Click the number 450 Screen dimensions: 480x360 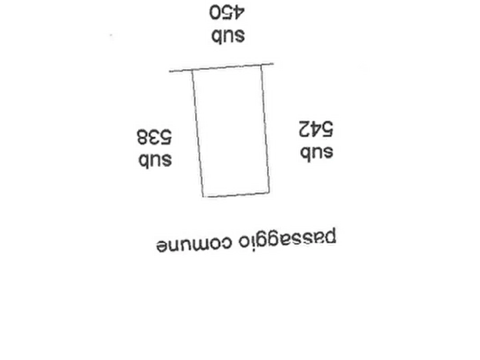point(227,13)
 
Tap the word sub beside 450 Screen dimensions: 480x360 point(228,36)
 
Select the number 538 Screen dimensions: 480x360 point(154,137)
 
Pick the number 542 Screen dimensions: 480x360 point(316,129)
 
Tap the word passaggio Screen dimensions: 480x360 point(288,239)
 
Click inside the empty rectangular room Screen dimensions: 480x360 point(231,132)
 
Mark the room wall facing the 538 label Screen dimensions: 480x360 point(198,133)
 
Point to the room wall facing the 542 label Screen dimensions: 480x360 point(266,128)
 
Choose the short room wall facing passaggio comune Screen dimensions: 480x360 point(237,195)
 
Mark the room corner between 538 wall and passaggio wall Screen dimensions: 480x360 point(203,197)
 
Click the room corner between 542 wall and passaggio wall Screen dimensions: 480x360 point(269,192)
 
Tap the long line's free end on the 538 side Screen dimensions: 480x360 point(170,71)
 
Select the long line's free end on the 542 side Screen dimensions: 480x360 point(274,64)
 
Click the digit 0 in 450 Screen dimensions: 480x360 point(215,13)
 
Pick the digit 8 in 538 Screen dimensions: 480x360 point(142,137)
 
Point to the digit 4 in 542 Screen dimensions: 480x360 point(316,129)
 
